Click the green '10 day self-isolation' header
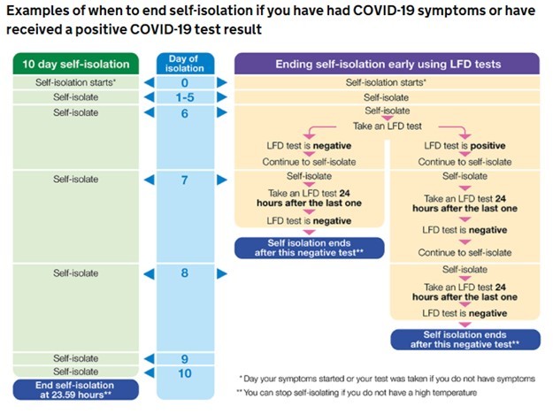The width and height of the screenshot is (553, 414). tap(76, 64)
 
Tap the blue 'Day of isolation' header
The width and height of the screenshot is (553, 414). tap(185, 64)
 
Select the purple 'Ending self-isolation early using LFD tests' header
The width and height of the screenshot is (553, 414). tap(387, 64)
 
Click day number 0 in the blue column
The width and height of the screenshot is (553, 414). tap(184, 83)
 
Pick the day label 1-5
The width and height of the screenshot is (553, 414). tap(185, 97)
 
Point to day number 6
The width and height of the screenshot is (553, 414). tap(184, 113)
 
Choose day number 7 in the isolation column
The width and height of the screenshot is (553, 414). tap(184, 180)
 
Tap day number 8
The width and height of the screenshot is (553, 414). tap(184, 273)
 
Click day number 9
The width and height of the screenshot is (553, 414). tap(184, 359)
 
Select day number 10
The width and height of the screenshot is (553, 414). tap(185, 373)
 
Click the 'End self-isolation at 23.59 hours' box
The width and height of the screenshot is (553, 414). tap(76, 389)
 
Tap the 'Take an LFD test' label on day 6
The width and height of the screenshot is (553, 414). tap(388, 126)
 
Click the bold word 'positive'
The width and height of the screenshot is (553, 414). tap(488, 146)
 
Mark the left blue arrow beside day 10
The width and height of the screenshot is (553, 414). tap(150, 372)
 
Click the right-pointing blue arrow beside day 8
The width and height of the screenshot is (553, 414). tap(222, 273)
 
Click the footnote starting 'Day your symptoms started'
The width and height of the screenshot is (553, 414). tap(387, 379)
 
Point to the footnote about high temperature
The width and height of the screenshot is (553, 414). tap(357, 393)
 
